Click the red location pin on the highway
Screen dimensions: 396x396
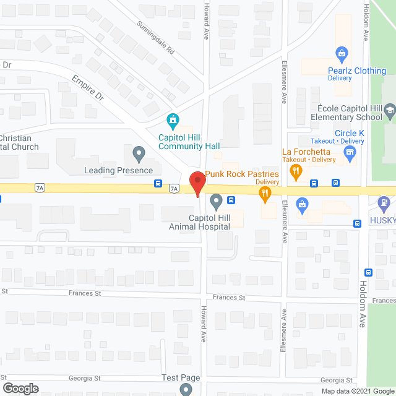coord(197,184)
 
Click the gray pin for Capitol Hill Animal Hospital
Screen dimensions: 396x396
coord(216,200)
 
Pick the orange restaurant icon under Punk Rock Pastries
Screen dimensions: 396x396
coord(265,195)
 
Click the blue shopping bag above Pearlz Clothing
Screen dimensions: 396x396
coord(340,54)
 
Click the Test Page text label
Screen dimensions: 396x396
coord(181,378)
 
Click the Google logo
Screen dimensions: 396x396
coord(20,389)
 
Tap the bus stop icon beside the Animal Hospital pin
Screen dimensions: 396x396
coord(231,199)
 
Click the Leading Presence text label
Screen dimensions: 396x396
coord(119,170)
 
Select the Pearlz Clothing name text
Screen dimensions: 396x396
coord(357,71)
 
